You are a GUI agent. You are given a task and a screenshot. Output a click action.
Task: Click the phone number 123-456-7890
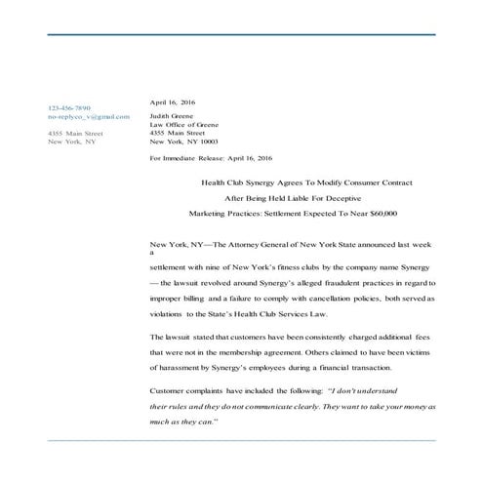click(x=68, y=107)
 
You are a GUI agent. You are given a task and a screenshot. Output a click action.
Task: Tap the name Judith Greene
click(x=171, y=116)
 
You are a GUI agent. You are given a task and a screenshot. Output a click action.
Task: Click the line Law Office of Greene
click(x=183, y=125)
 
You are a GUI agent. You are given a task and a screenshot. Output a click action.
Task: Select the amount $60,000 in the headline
click(x=377, y=212)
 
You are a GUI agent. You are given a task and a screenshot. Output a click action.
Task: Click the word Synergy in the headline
click(x=262, y=182)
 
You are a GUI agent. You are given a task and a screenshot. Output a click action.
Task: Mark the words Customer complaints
click(x=185, y=389)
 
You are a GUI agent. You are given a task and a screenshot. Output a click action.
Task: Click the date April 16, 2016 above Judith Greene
click(x=172, y=101)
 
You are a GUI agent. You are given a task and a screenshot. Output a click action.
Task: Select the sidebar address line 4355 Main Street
click(x=75, y=133)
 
